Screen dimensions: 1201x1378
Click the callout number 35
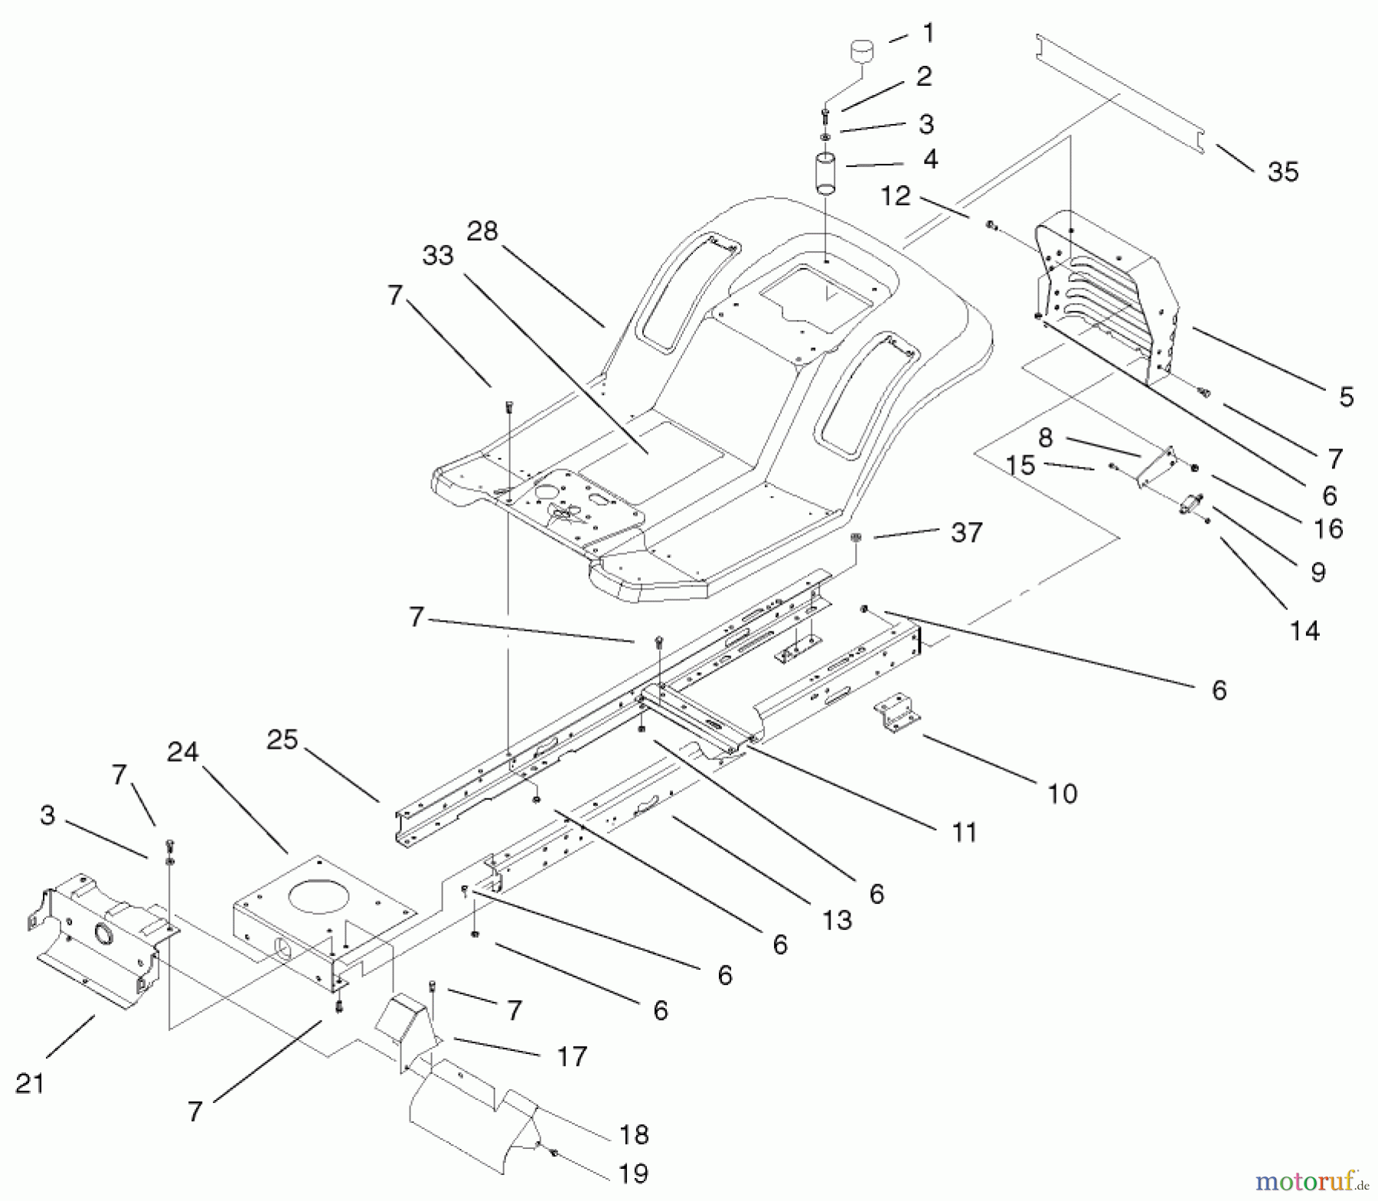1283,172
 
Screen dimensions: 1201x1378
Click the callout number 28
482,231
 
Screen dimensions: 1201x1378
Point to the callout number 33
437,256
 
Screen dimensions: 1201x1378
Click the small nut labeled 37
857,539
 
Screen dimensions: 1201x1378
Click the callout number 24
183,752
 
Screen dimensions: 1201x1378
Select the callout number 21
30,1083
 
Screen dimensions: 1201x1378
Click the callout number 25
282,740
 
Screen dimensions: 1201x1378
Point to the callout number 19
633,1173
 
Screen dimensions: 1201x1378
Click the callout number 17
572,1056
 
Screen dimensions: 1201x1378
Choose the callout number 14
1305,631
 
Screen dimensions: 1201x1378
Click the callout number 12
895,196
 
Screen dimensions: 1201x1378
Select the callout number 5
1346,397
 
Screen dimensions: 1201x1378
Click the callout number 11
965,832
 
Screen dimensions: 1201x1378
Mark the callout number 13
836,920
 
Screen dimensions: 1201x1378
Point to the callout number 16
1328,529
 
